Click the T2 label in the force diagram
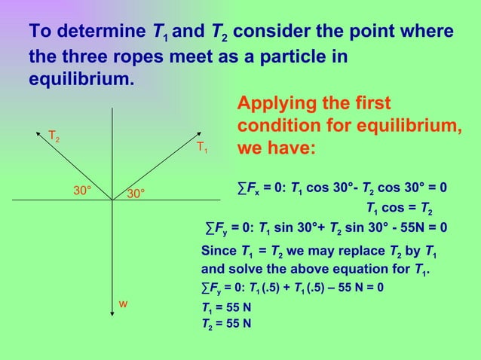54,136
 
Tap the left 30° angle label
82,191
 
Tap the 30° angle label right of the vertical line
136,194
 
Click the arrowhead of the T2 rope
40,133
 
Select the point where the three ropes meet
112,200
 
